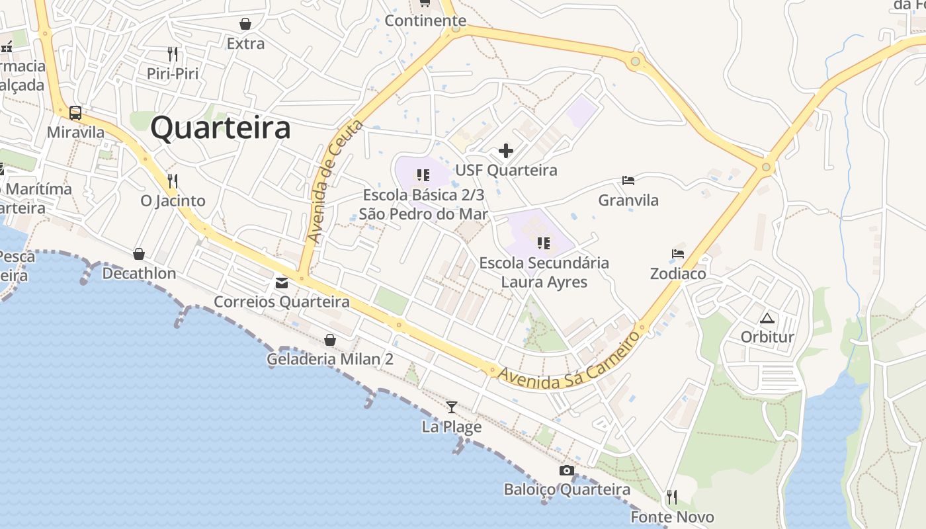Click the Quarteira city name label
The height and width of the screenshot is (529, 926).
[x=220, y=128]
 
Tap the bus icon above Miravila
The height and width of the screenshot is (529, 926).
[x=75, y=113]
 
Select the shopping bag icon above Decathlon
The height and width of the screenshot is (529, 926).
[x=139, y=254]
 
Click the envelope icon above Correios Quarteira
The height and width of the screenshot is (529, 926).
[x=282, y=283]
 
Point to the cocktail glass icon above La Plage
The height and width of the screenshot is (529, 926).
[x=452, y=407]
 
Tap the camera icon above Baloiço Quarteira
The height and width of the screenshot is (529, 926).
[x=567, y=470]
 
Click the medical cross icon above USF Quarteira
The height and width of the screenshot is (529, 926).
[x=506, y=151]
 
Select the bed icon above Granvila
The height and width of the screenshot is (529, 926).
[x=628, y=181]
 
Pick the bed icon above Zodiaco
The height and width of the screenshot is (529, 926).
[x=678, y=254]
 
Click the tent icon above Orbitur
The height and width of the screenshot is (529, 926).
[x=767, y=318]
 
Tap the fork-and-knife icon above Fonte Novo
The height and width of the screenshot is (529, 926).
[x=672, y=497]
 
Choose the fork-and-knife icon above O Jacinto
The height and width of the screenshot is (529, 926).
[x=173, y=181]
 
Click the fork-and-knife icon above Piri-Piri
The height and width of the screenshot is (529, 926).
[x=173, y=54]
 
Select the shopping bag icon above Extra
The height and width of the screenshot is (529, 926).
[x=245, y=24]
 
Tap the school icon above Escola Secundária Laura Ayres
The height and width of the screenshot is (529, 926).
[x=544, y=243]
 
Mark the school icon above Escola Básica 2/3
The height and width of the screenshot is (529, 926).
[x=423, y=175]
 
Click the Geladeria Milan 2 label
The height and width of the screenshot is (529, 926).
[x=330, y=360]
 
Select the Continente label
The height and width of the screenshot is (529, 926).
[x=425, y=20]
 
